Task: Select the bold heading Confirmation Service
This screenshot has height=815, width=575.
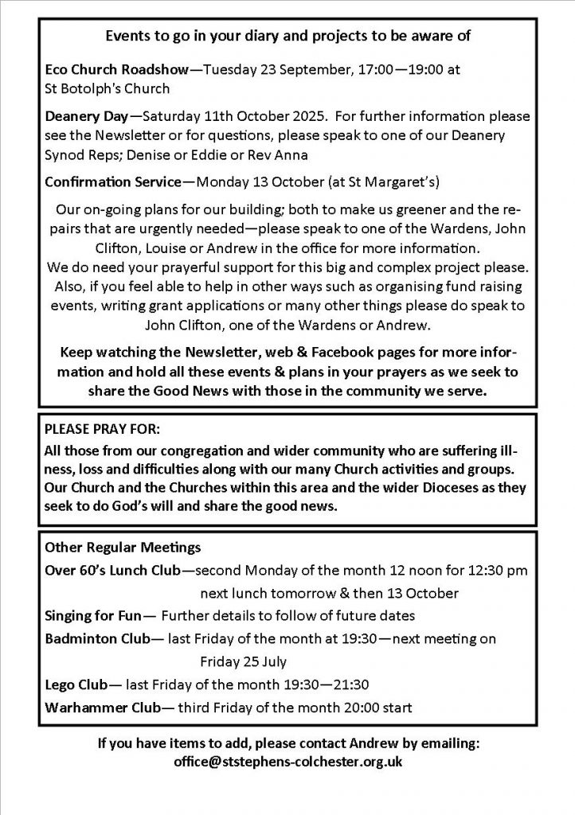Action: coord(111,181)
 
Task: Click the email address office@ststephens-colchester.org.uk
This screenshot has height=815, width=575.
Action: coord(287,762)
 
